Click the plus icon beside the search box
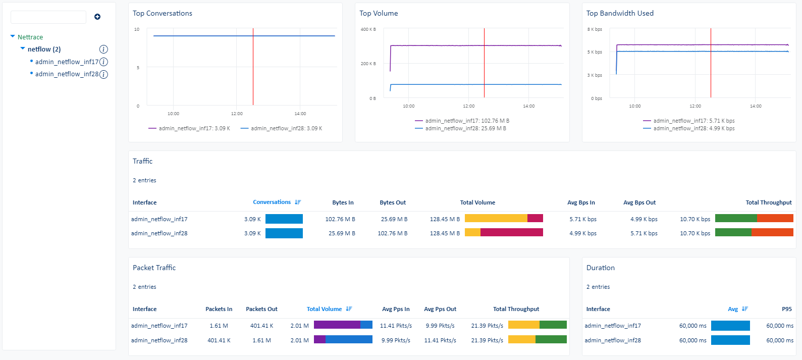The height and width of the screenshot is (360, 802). click(x=97, y=17)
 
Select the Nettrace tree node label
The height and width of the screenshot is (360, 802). click(x=30, y=37)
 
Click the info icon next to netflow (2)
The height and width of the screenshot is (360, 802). click(x=103, y=49)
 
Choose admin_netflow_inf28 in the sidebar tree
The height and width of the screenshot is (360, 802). click(x=67, y=74)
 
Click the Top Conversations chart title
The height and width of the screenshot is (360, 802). click(x=162, y=14)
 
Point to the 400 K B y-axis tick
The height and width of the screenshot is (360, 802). click(x=368, y=29)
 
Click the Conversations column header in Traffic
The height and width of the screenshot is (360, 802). click(x=272, y=202)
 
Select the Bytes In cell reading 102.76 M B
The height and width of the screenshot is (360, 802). click(x=340, y=219)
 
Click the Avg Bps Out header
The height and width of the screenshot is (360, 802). click(x=639, y=202)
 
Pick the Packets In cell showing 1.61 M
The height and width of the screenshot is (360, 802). click(x=219, y=326)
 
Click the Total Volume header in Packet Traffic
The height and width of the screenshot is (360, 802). click(x=325, y=309)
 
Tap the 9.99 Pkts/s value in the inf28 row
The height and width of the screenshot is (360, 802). click(x=396, y=340)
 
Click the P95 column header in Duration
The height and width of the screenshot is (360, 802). click(x=786, y=309)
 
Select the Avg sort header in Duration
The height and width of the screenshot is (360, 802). click(x=733, y=309)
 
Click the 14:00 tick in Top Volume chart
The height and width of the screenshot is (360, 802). click(x=528, y=106)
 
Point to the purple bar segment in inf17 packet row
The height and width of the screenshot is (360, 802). click(x=337, y=325)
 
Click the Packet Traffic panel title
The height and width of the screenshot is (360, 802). click(x=154, y=268)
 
